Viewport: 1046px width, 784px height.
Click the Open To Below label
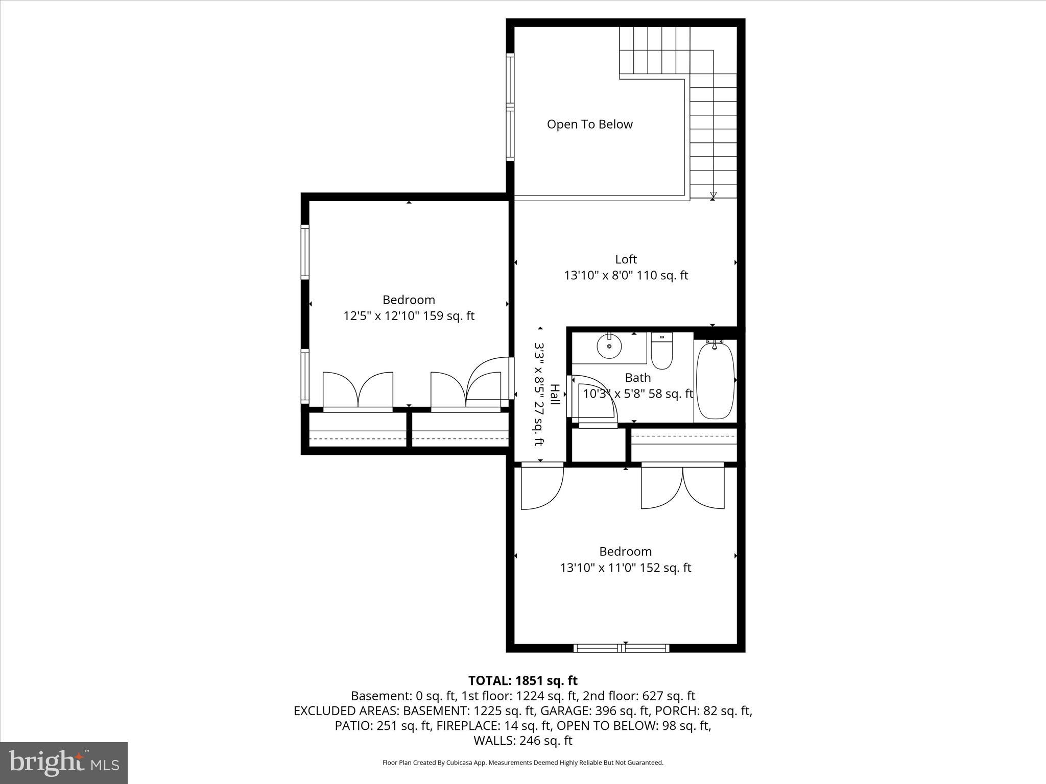click(x=589, y=124)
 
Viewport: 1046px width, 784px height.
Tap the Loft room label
click(x=626, y=259)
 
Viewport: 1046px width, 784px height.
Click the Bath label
click(x=638, y=378)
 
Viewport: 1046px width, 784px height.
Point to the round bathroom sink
click(x=609, y=347)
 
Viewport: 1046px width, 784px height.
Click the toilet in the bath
click(x=662, y=352)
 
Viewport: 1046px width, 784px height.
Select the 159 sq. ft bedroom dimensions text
click(x=409, y=316)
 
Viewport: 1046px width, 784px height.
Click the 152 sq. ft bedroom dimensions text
click(x=625, y=568)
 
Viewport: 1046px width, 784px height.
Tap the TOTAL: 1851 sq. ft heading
click(x=522, y=680)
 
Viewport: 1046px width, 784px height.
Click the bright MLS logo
click(x=64, y=763)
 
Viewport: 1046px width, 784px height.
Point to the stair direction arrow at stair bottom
click(x=713, y=195)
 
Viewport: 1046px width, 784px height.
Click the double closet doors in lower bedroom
click(x=682, y=487)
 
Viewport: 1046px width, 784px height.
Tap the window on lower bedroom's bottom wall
click(x=621, y=648)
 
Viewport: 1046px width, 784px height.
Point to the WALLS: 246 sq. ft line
click(x=522, y=740)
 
